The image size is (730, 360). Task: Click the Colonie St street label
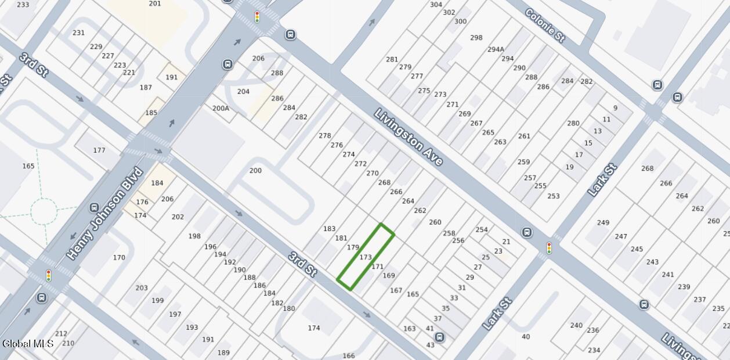point(545,26)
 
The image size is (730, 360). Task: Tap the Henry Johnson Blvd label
point(104,214)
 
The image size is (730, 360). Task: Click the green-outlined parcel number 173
point(366,257)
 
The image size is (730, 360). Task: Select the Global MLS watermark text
point(28,344)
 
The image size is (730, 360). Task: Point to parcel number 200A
point(221,108)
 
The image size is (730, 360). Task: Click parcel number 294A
point(496,49)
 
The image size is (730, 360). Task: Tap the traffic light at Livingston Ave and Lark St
point(548,248)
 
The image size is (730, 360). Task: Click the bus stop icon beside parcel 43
point(439,337)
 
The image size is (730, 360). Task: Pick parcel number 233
point(23,5)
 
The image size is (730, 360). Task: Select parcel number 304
point(436,5)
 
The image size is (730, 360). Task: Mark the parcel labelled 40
point(526,337)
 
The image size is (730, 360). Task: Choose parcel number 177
point(99,150)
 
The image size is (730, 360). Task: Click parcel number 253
point(554,196)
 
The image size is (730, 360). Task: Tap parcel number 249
point(603,222)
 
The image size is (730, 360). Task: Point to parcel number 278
point(324,136)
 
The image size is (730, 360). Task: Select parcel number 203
point(142,288)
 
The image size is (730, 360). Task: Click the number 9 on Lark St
point(615,108)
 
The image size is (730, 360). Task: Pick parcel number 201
point(155,3)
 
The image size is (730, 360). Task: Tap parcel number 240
point(576,325)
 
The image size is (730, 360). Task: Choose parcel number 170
point(119,258)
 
